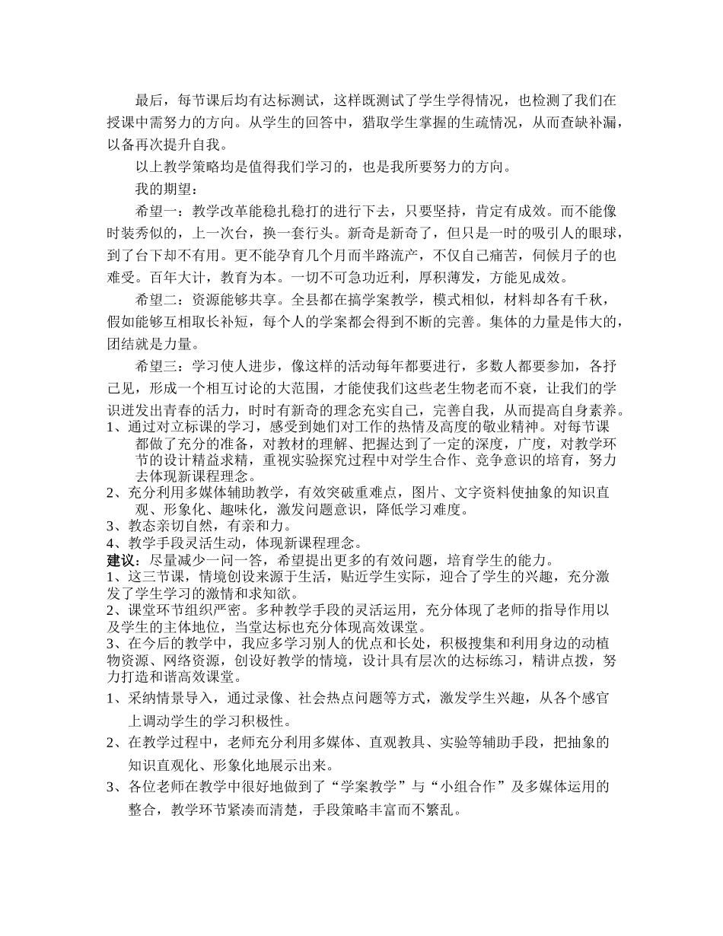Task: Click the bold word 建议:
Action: click(x=118, y=560)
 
